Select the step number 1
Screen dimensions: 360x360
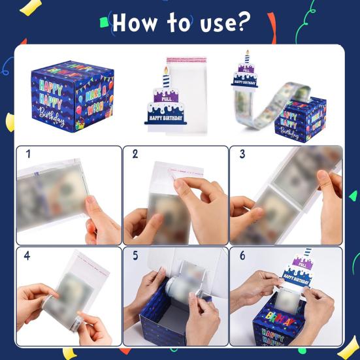[28, 154]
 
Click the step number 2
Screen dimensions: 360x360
[135, 154]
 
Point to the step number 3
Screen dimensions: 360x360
[242, 154]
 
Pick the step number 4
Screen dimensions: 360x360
[28, 256]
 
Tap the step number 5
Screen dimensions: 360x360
[135, 256]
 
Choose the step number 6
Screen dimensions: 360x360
[242, 256]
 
